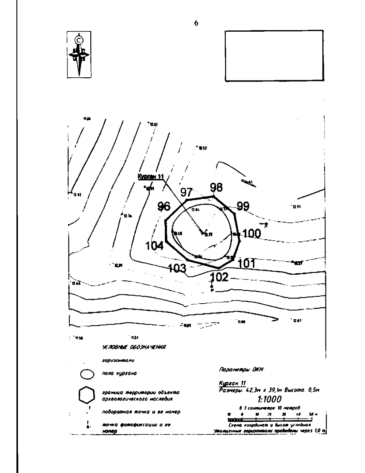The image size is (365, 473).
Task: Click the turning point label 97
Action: coord(186,192)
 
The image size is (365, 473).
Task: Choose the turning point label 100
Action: coord(252,234)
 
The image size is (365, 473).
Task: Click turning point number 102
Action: coord(219,277)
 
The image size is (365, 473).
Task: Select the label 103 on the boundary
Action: coord(177,268)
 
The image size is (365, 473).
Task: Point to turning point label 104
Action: coord(155,245)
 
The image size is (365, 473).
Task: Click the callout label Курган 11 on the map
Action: coord(151,177)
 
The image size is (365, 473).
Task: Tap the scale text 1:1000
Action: coord(268,399)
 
